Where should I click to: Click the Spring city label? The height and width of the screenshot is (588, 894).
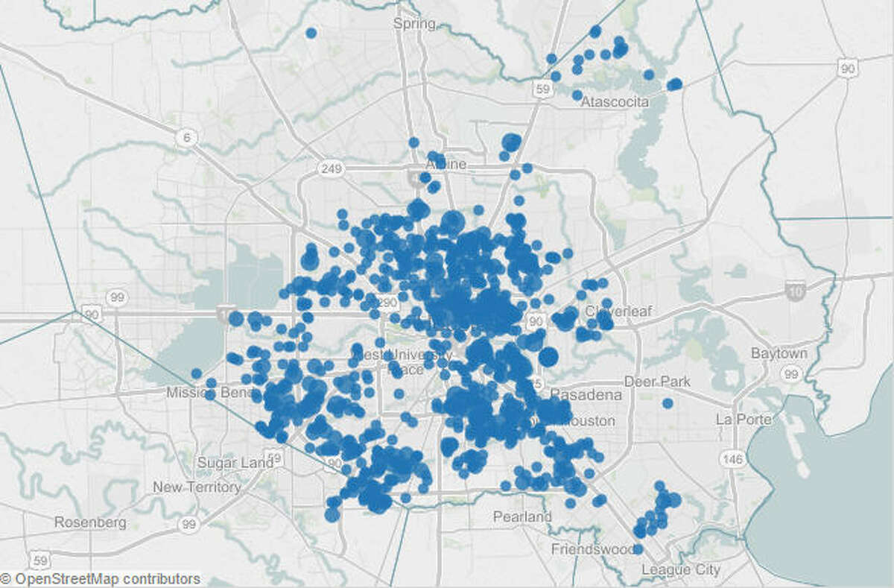[414, 24]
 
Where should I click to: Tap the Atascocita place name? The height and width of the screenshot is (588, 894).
[615, 101]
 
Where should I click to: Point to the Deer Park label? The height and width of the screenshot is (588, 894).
[657, 382]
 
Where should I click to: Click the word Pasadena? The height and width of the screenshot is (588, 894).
[586, 394]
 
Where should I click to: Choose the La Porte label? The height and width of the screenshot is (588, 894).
[743, 419]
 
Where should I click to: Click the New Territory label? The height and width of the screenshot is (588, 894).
[197, 487]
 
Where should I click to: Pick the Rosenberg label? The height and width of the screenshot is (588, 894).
[90, 522]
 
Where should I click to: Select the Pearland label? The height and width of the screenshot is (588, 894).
[522, 516]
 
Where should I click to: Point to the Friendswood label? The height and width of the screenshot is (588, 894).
[592, 549]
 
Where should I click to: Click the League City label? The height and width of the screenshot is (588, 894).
[681, 570]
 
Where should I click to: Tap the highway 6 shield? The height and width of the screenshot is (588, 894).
[186, 137]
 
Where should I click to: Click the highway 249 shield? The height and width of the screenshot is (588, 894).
[330, 169]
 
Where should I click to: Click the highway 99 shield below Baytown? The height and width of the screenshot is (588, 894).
[792, 374]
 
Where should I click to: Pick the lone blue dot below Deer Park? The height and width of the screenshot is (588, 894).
[668, 403]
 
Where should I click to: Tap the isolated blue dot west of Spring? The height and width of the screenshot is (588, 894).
[311, 33]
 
